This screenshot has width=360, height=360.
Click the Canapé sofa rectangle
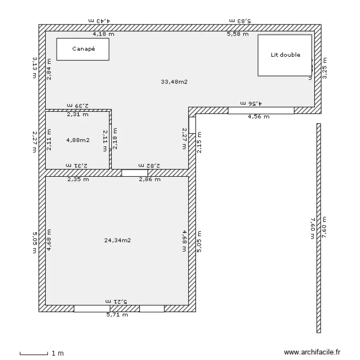click(x=83, y=49)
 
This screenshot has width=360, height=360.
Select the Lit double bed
click(x=285, y=55)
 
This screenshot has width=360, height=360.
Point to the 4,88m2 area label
click(x=78, y=140)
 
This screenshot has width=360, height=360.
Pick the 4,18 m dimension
click(x=104, y=34)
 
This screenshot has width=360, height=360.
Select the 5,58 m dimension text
click(x=238, y=34)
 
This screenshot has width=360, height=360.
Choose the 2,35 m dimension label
click(x=78, y=180)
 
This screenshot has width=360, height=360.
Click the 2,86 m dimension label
click(x=149, y=180)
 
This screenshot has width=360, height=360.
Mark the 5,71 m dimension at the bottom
click(x=117, y=315)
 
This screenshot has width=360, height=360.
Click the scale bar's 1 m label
click(x=57, y=354)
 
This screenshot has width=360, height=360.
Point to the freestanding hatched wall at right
click(x=318, y=228)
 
